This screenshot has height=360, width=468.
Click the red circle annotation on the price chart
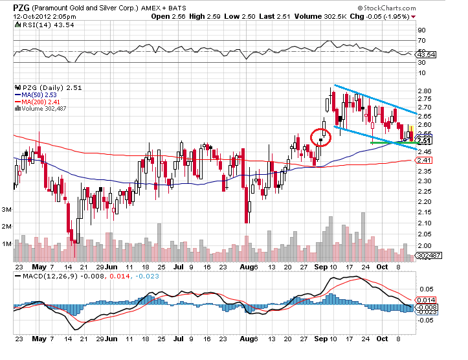coord(320,137)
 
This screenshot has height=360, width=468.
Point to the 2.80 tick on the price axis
coord(425,91)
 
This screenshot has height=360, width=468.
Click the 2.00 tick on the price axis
coord(425,246)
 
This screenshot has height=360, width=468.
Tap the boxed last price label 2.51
coord(425,141)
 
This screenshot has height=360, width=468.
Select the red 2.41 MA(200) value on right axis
coord(425,160)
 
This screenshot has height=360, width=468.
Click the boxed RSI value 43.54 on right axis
coord(425,54)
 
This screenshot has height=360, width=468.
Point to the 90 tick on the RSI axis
coord(421,30)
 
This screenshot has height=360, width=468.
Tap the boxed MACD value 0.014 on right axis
coord(425,300)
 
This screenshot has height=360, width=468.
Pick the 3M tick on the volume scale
coord(8,210)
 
